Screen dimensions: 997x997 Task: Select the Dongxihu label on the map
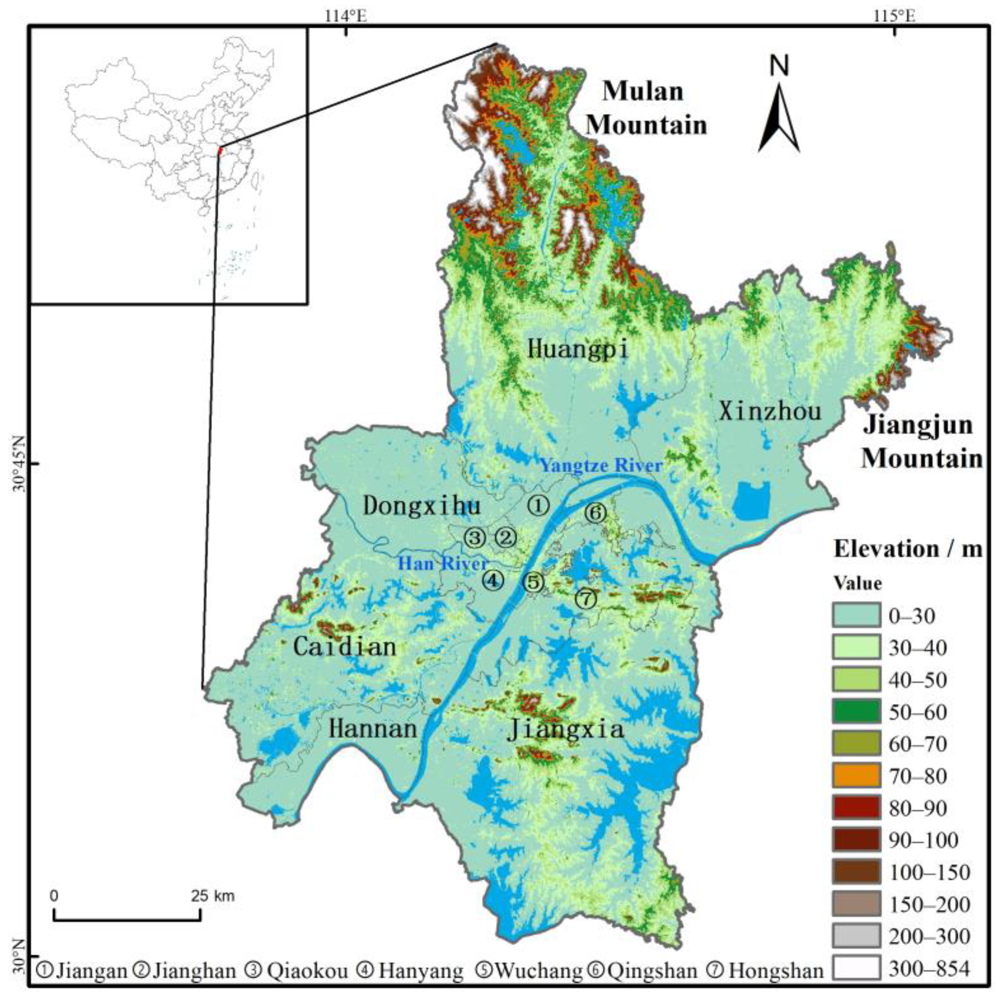point(422,506)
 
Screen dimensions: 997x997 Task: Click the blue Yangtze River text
point(601,466)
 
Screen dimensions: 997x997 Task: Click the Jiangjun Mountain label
point(921,442)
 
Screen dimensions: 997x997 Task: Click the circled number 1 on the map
point(539,505)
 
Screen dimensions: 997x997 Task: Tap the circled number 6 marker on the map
point(595,513)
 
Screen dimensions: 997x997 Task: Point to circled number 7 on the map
point(586,599)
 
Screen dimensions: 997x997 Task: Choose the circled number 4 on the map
point(493,581)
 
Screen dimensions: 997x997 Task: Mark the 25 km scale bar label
point(213,896)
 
